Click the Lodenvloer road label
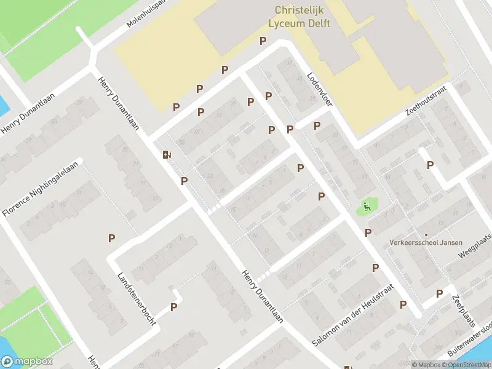pos(319,89)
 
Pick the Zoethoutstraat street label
pos(425,100)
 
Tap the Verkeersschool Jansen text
pos(426,243)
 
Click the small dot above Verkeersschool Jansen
pos(426,234)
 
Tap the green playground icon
pos(367,207)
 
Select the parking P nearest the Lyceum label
pos(263,41)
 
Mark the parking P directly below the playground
pos(368,232)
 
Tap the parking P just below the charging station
pos(184,181)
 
